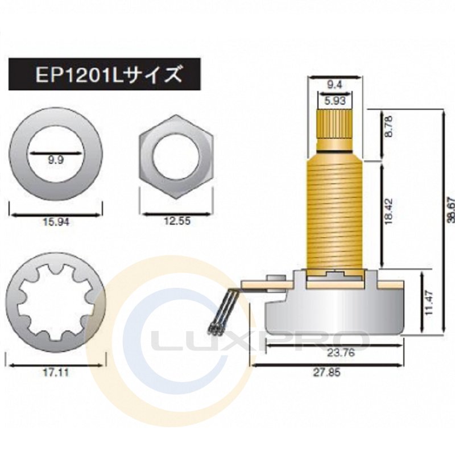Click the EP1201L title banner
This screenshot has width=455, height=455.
click(x=105, y=75)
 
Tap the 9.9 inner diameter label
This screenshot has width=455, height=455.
click(x=56, y=160)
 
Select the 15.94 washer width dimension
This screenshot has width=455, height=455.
click(x=56, y=222)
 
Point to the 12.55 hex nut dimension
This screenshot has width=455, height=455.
click(x=177, y=221)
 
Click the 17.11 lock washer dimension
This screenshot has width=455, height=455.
click(x=56, y=373)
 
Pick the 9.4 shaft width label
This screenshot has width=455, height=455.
click(x=334, y=85)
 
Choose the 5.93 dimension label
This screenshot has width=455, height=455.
click(x=335, y=101)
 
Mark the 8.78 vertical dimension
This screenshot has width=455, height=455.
click(x=388, y=126)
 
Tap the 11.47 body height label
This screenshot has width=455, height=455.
click(x=429, y=303)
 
